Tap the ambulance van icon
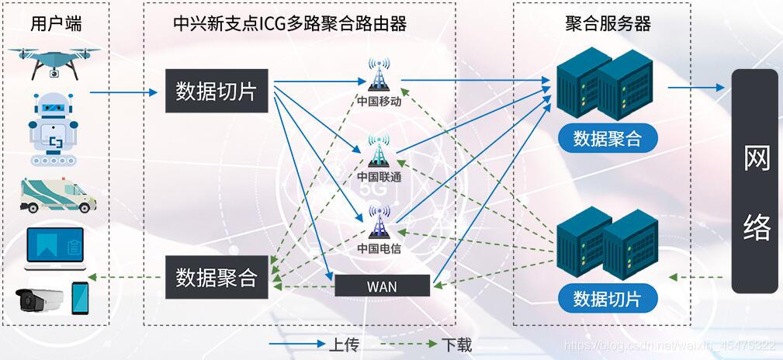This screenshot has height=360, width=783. tap(58, 195)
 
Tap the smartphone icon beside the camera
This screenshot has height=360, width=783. tap(80, 298)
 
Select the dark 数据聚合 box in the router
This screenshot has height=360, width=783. tap(216, 277)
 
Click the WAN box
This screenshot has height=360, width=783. tap(382, 286)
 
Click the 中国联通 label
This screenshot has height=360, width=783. tap(379, 178)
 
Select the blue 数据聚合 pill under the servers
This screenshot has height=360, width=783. tap(608, 139)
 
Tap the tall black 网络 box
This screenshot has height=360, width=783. tap(755, 181)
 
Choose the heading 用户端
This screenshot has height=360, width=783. tap(56, 24)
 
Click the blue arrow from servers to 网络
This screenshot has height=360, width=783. tap(696, 88)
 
